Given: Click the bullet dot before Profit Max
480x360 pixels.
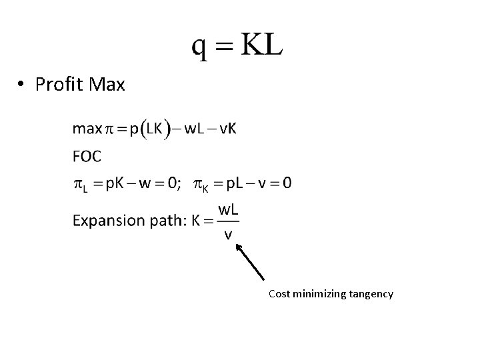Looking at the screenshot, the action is (22, 85).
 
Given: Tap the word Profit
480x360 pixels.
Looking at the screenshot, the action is (57, 85).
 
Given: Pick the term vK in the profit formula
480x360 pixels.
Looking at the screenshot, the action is (226, 128).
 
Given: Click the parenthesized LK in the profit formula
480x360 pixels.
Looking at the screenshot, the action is (154, 128).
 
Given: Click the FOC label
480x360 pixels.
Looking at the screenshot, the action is (87, 156).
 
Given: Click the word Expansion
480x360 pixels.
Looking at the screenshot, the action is (106, 221).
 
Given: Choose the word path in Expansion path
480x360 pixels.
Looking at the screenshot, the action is (162, 221).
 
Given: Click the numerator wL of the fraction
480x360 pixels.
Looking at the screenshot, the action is (229, 209).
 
